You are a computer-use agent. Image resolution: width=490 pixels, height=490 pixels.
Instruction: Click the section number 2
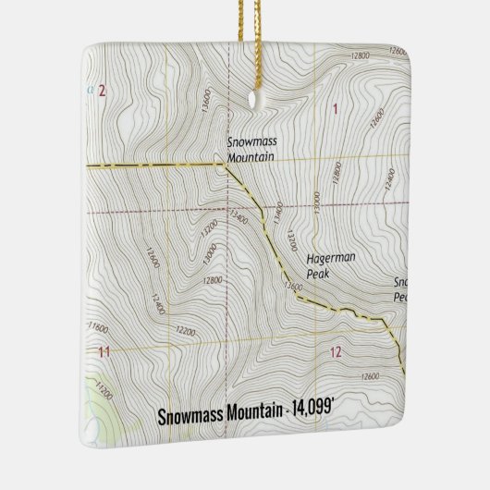(x=102, y=90)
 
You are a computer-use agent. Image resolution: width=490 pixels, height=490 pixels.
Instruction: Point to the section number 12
(x=335, y=351)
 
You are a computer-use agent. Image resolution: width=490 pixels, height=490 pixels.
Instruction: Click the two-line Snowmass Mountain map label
(x=251, y=151)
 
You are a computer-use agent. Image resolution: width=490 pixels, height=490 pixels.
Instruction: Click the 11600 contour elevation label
(x=98, y=327)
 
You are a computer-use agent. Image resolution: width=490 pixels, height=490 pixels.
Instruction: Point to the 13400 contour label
(x=239, y=218)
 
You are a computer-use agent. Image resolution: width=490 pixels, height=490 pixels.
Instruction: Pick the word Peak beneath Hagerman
(x=318, y=276)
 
